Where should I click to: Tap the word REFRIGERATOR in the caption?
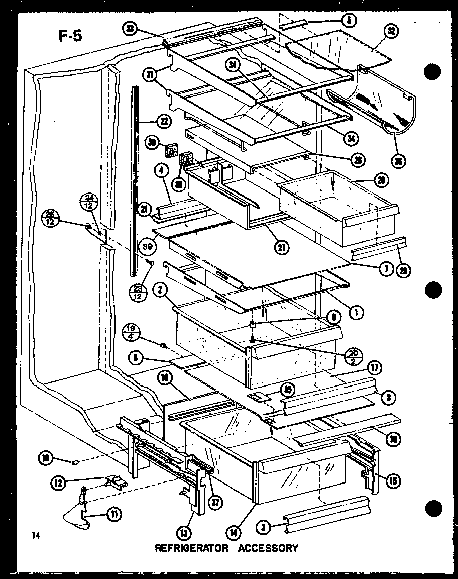[x=188, y=548]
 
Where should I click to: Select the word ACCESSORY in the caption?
[x=269, y=548]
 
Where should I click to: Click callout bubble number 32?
[x=391, y=31]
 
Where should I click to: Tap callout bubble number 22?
[x=164, y=121]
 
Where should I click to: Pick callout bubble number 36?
[x=400, y=161]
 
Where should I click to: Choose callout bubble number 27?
[x=283, y=246]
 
